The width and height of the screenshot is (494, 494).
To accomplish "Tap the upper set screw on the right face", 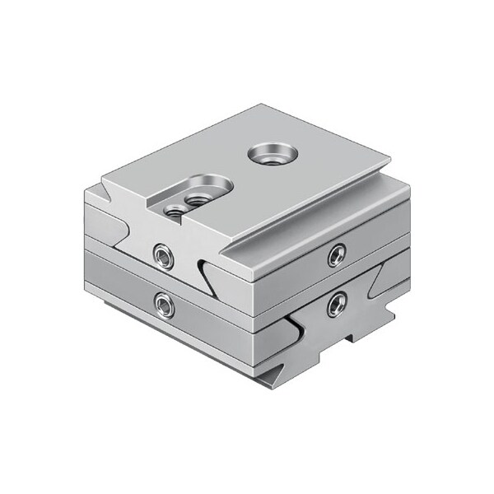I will [x=335, y=254].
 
